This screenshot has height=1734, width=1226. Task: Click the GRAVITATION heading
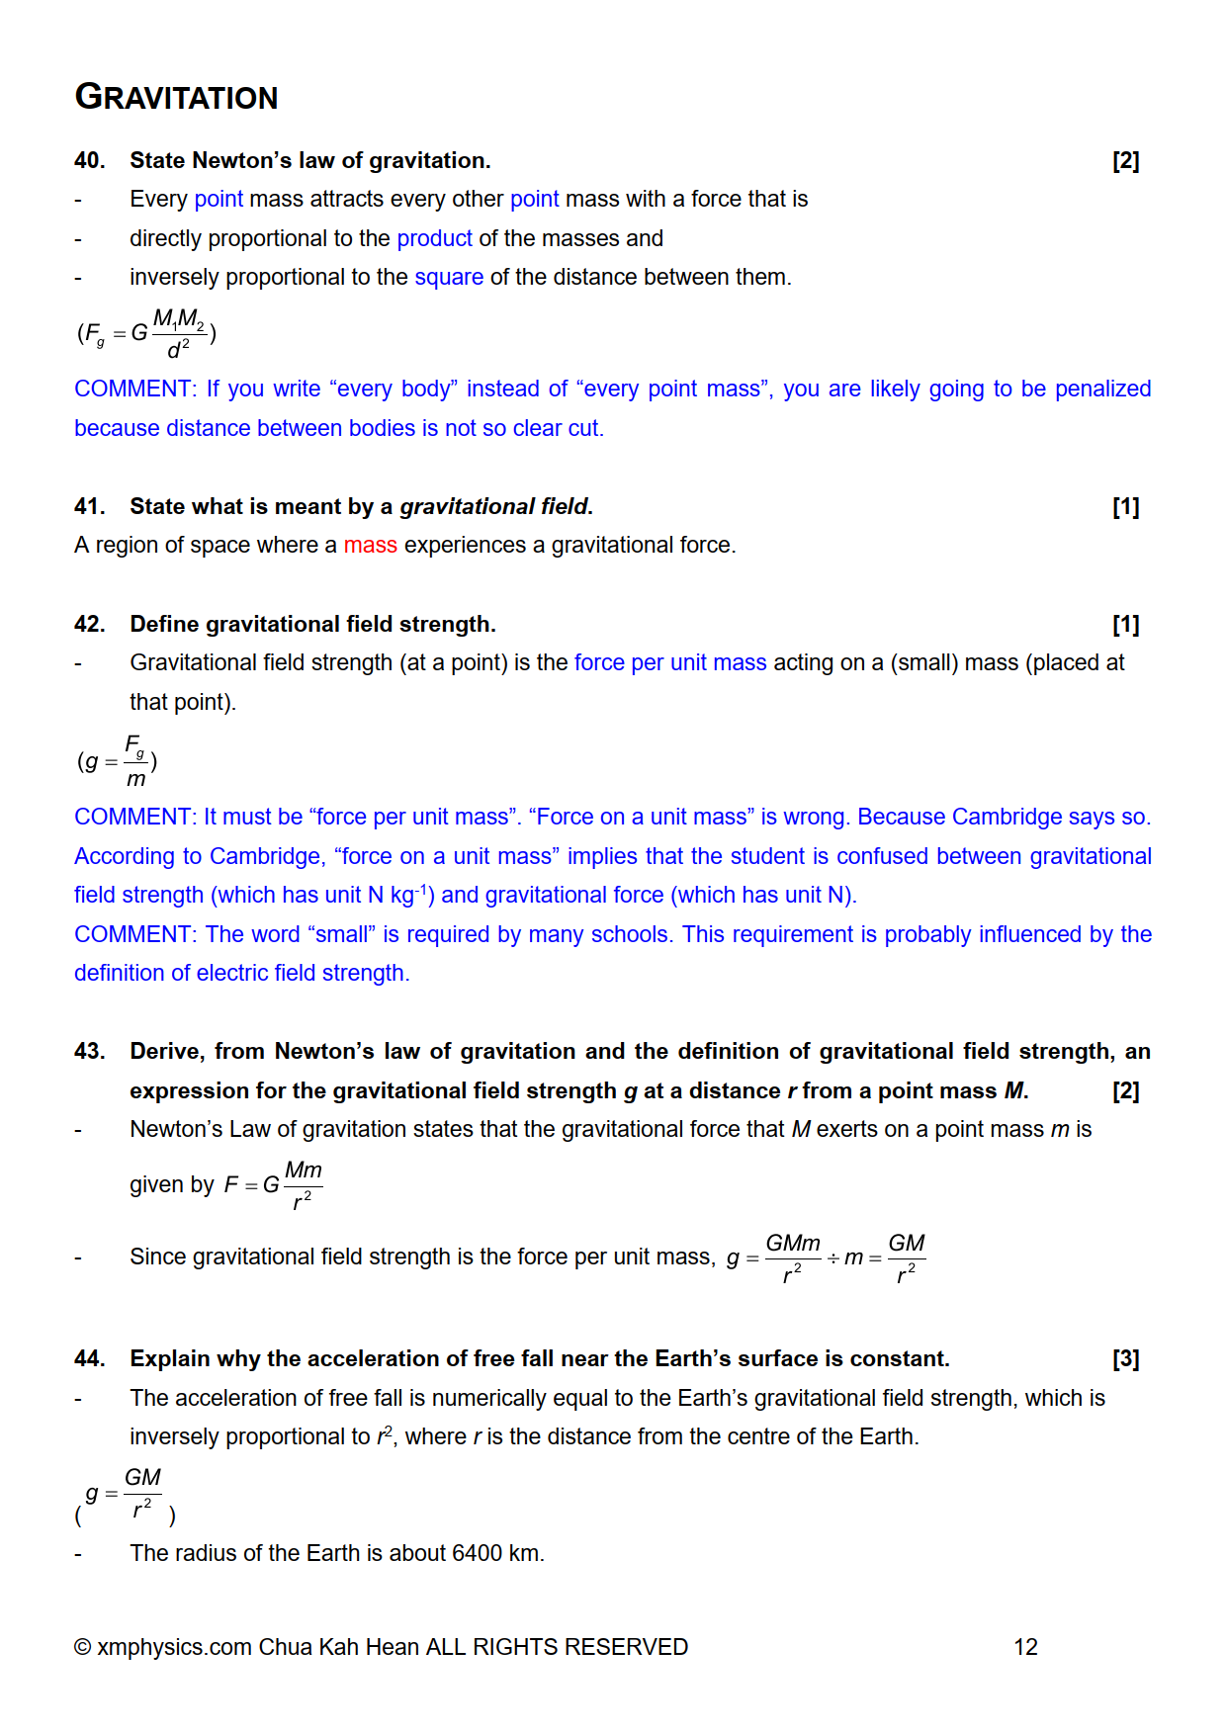(x=176, y=97)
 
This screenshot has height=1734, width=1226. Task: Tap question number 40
(x=89, y=160)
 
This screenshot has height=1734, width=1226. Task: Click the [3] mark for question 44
(x=1125, y=1358)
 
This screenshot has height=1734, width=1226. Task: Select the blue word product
(x=434, y=238)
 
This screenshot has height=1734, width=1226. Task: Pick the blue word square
(x=449, y=277)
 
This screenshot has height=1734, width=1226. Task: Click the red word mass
(x=370, y=545)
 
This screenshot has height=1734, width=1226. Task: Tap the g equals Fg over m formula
(x=118, y=761)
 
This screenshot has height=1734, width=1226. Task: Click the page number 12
(x=1025, y=1647)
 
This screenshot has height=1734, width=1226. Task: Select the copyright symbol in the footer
(x=83, y=1647)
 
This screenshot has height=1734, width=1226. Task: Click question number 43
(x=89, y=1051)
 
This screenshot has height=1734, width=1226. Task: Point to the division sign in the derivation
(x=832, y=1257)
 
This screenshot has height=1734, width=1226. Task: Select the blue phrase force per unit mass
(x=670, y=662)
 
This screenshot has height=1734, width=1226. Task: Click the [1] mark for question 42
(x=1125, y=624)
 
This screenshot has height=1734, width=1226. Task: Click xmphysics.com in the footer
(x=174, y=1647)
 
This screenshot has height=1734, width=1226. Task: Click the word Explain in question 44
(x=170, y=1358)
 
